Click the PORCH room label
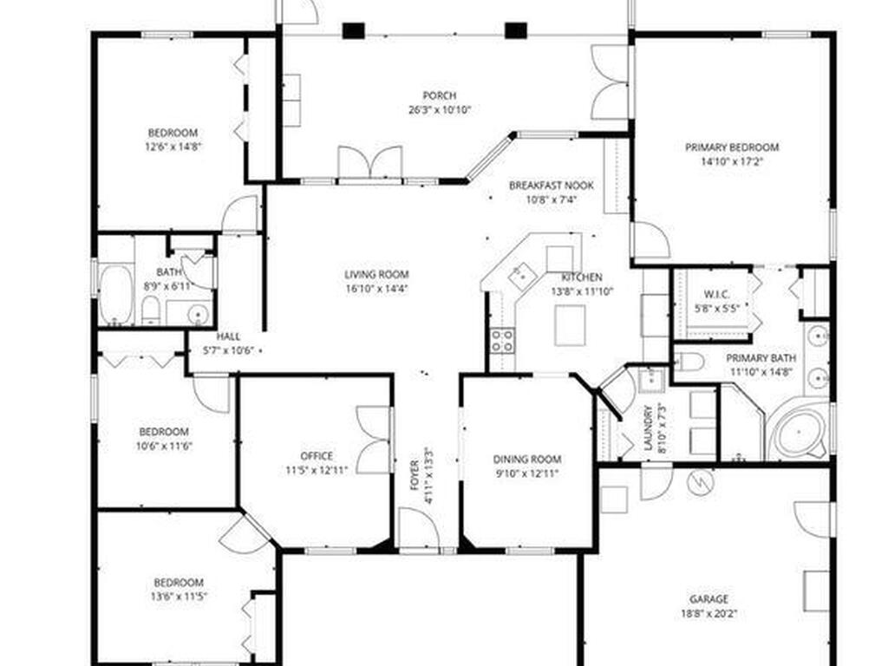(x=439, y=95)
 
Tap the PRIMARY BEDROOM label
(x=732, y=147)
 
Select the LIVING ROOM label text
(x=376, y=275)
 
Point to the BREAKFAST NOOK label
(x=551, y=186)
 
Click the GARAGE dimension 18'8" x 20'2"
(x=708, y=613)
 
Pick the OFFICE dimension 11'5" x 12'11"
(x=317, y=470)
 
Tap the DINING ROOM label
(x=526, y=460)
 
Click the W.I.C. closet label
(x=716, y=295)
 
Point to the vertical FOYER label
(x=414, y=476)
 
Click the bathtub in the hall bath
(x=117, y=295)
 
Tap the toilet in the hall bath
(x=150, y=311)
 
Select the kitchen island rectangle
(x=570, y=325)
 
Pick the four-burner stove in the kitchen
(x=502, y=340)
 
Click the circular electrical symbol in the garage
(x=699, y=482)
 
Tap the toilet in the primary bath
(x=689, y=361)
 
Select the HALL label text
(x=228, y=336)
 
